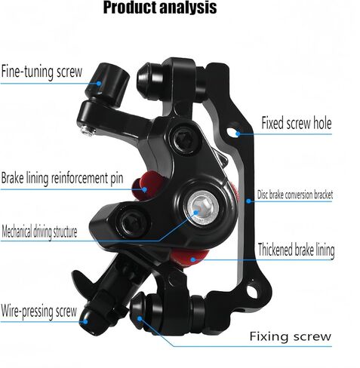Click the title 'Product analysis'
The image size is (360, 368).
[x=160, y=8]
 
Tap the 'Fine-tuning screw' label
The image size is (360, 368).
[x=42, y=72]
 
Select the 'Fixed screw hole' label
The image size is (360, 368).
[x=297, y=123]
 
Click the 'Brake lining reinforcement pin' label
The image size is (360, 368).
[x=62, y=178]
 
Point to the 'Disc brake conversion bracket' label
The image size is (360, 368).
[x=295, y=195]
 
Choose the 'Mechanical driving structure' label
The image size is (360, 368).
[x=39, y=232]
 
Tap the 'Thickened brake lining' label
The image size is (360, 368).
[x=296, y=250]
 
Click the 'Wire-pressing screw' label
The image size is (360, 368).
[x=39, y=311]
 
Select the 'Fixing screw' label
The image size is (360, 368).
[x=291, y=336]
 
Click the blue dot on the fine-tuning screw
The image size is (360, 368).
[x=99, y=84]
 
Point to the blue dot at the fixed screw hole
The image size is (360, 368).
[x=238, y=133]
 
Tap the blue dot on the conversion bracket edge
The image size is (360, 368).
[x=248, y=201]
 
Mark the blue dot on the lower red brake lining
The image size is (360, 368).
[x=193, y=259]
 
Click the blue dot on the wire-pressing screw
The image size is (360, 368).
[x=85, y=321]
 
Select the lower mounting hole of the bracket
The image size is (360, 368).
[x=252, y=291]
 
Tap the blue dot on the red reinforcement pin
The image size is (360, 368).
[x=144, y=189]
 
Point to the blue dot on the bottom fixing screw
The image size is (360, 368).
[x=140, y=319]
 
